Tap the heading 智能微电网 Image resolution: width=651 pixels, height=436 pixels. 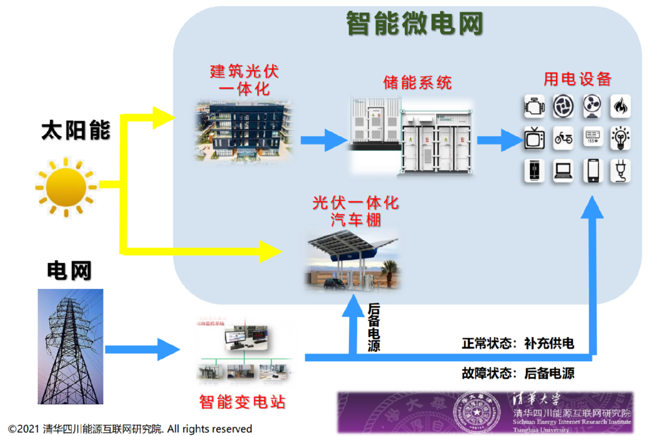(x=414, y=25)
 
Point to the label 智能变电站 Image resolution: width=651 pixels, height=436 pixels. (x=242, y=402)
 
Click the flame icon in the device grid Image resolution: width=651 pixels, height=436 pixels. (x=620, y=105)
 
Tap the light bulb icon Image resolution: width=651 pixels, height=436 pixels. (x=620, y=137)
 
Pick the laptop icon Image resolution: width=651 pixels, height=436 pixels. (x=563, y=170)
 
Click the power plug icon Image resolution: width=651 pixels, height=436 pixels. (x=620, y=170)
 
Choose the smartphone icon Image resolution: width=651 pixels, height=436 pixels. (x=592, y=170)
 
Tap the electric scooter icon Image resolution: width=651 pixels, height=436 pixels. (x=563, y=137)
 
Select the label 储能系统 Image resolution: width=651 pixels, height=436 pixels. (x=417, y=83)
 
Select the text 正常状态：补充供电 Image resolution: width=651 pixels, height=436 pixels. (x=518, y=344)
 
